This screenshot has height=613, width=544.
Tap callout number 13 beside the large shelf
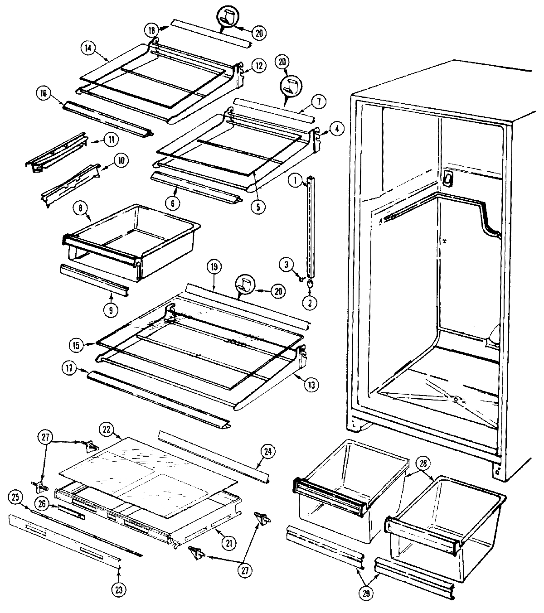click(x=312, y=385)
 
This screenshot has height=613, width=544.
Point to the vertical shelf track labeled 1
click(x=310, y=227)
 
